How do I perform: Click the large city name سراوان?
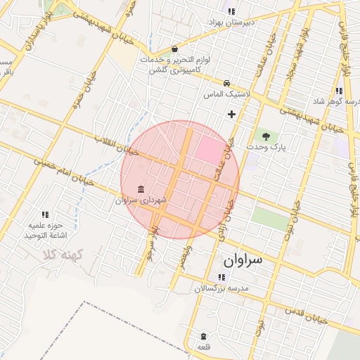pos(243,260)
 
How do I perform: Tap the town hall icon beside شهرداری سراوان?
pos(142,190)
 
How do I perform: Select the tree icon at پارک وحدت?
pos(266,136)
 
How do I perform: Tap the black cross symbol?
pos(231,114)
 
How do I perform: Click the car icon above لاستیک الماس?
pos(226,82)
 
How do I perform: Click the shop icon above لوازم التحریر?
pos(174,50)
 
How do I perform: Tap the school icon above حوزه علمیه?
pos(46,214)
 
